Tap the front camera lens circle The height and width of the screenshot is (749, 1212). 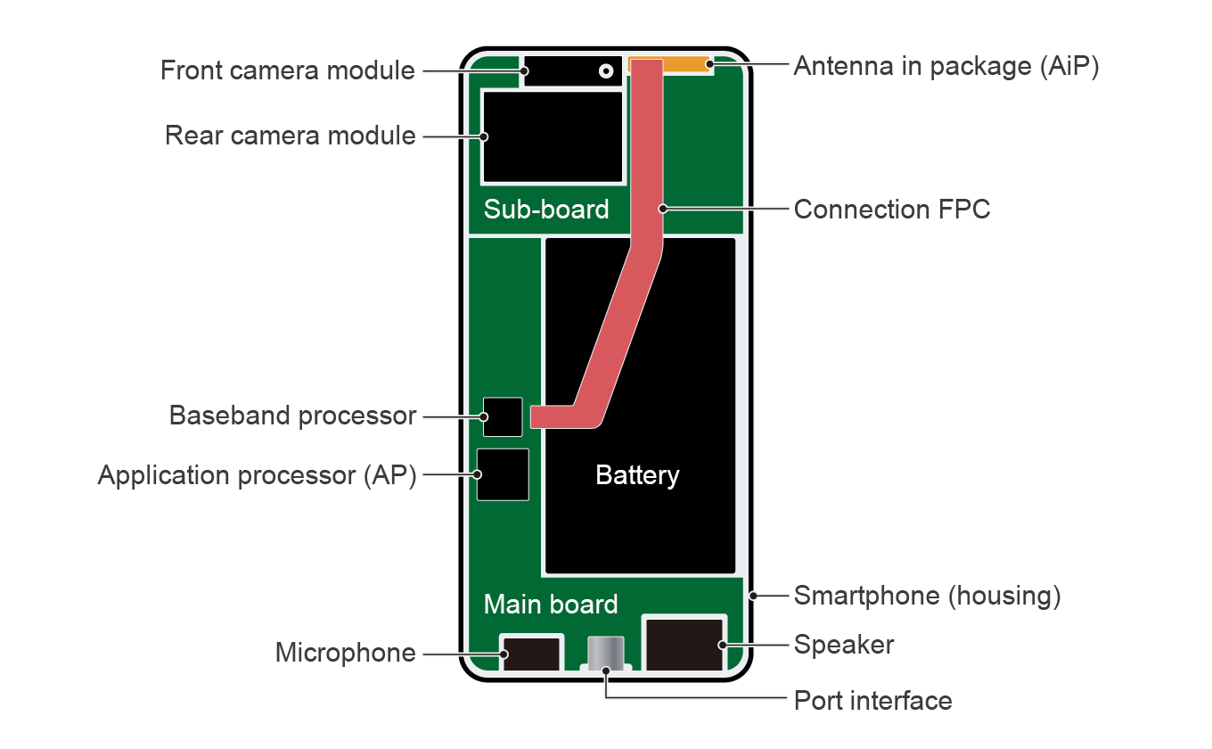[607, 70]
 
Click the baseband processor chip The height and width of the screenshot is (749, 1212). [503, 416]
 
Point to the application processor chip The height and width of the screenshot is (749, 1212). [503, 474]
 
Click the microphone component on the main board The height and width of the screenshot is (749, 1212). [531, 652]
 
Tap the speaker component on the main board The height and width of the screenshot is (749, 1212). [683, 643]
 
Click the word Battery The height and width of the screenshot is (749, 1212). [637, 475]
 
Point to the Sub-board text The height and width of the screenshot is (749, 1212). [546, 210]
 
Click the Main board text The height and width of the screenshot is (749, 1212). [551, 605]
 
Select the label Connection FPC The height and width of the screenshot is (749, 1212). [892, 210]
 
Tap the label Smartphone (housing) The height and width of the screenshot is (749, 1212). [927, 596]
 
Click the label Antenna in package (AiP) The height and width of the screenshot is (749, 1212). [946, 67]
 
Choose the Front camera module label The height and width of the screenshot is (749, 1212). [288, 70]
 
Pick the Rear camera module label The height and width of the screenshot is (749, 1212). [291, 136]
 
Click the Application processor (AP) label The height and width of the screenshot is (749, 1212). [257, 476]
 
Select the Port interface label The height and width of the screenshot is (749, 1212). [872, 701]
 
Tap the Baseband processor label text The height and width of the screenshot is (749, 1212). [292, 416]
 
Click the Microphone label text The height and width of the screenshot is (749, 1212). [345, 654]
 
